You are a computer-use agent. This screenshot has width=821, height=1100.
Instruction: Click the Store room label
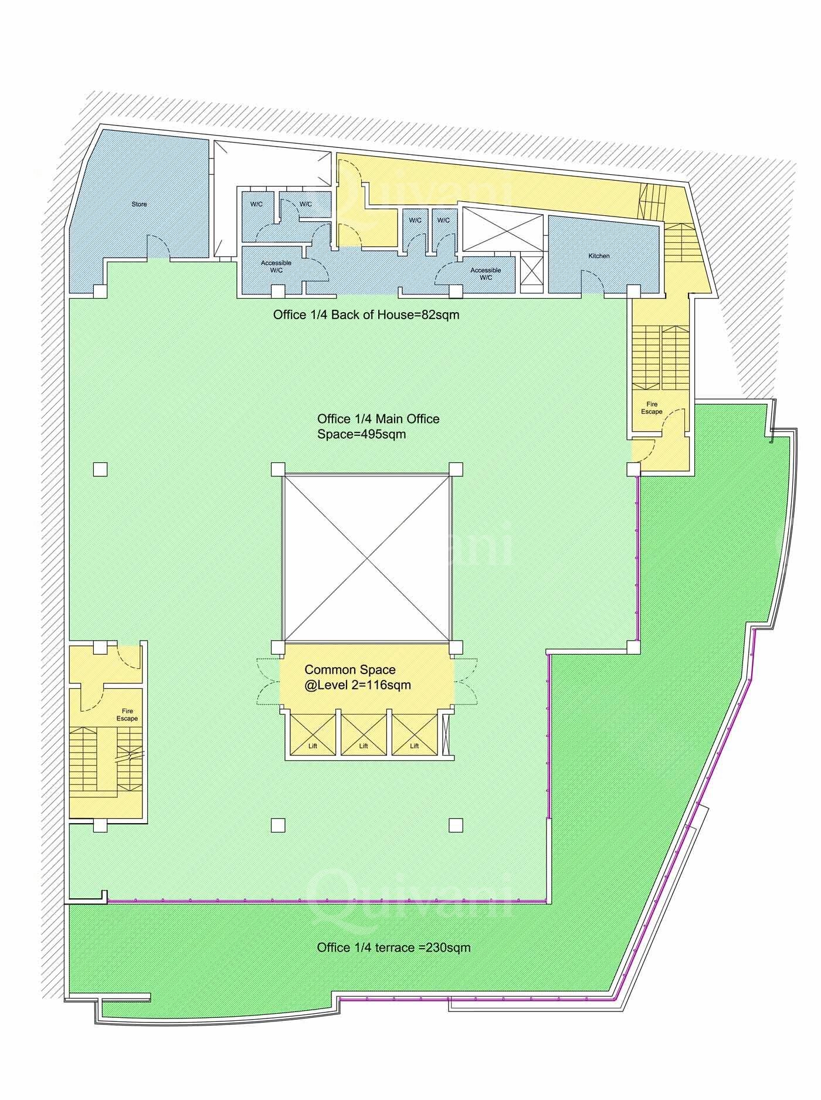click(139, 204)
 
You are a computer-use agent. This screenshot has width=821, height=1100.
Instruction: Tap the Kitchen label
click(599, 256)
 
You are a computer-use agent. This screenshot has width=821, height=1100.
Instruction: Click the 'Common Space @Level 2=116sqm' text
click(358, 676)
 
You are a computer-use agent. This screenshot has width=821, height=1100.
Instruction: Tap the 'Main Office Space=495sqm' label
click(378, 427)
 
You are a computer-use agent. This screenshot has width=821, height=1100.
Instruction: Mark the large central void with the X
click(367, 557)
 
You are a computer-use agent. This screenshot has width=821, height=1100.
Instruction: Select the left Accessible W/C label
click(276, 266)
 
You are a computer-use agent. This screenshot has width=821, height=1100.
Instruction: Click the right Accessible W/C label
click(486, 273)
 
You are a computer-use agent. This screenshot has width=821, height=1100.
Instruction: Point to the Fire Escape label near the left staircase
click(127, 715)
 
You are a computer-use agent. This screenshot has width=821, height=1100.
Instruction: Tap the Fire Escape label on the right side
click(652, 408)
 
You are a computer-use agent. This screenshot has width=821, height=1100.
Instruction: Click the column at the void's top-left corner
click(278, 469)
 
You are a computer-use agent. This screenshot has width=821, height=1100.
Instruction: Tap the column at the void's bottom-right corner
click(456, 647)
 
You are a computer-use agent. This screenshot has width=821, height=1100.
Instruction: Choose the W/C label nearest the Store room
click(256, 204)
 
